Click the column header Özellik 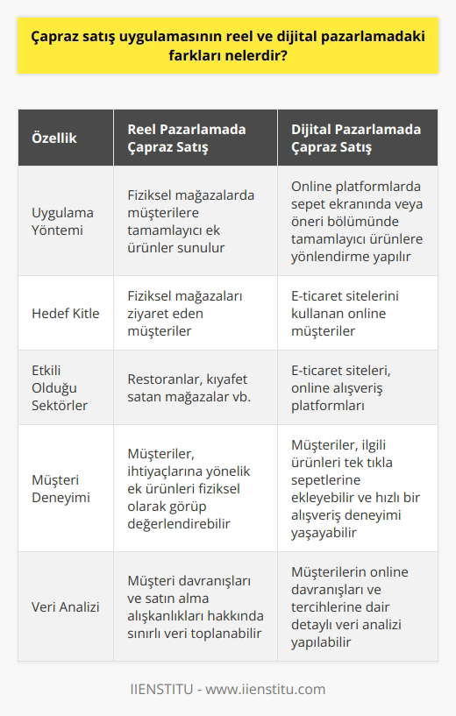click(x=54, y=138)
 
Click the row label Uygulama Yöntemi click(x=62, y=223)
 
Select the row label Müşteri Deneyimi click(x=62, y=487)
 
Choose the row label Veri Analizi click(x=64, y=606)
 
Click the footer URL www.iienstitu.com click(x=274, y=689)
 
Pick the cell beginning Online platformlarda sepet click(x=357, y=223)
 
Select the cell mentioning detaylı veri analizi click(x=357, y=606)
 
